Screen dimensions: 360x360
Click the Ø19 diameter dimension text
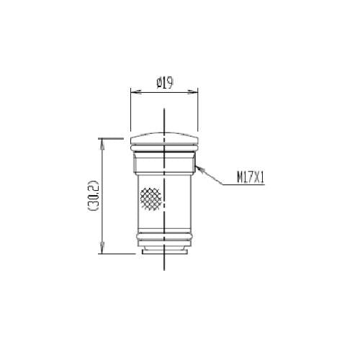coord(165,83)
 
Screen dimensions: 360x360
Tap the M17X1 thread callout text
coord(251,179)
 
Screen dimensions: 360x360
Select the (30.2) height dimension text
coord(93,195)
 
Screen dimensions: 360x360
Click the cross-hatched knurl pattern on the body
coord(150,199)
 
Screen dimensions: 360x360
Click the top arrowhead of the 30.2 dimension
coord(102,145)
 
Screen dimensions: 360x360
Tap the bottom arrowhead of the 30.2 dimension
coord(102,247)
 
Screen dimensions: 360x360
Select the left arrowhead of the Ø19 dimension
coord(136,91)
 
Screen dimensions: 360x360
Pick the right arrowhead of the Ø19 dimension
coord(192,91)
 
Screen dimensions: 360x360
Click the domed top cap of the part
coord(164,138)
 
